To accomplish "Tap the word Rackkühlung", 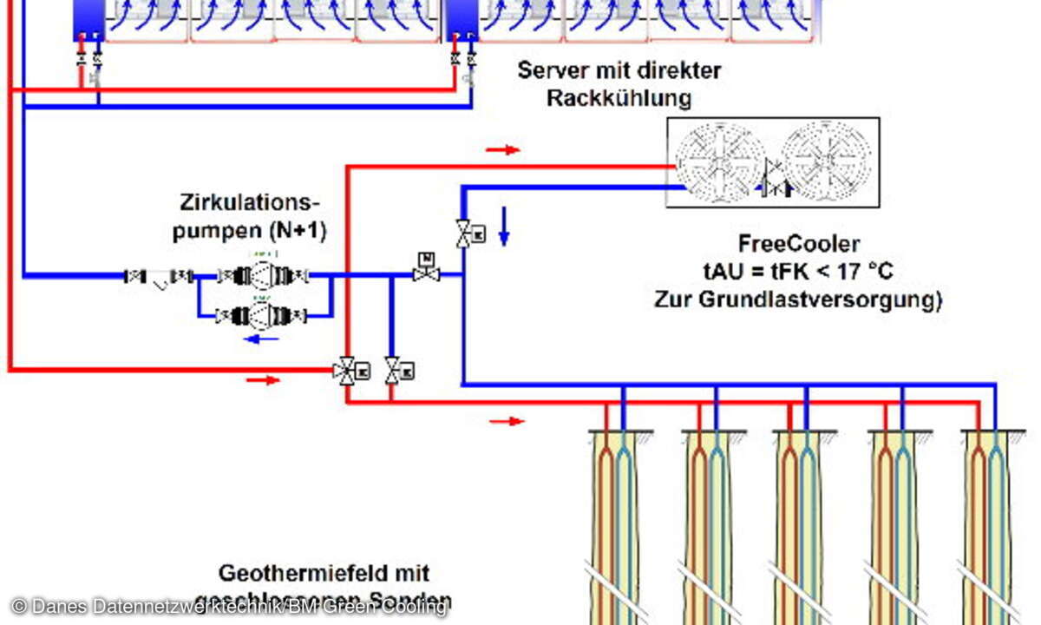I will [619, 98].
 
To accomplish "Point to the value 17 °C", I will [861, 272].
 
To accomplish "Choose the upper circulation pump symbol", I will [261, 276].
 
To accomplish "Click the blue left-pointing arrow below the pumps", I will [261, 339].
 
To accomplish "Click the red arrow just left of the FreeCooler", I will [502, 150].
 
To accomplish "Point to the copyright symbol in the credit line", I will [19, 607].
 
